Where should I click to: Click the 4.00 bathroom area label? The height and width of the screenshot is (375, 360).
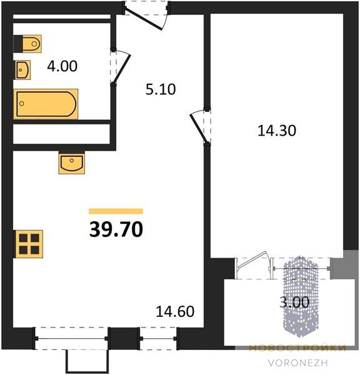click(62, 66)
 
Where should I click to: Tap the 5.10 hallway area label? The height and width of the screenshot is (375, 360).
click(161, 89)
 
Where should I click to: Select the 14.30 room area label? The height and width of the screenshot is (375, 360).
click(277, 131)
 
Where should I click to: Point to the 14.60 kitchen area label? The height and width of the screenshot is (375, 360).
click(175, 311)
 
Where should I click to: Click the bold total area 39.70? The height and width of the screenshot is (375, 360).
click(116, 229)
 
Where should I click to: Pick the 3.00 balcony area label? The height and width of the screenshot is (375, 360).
click(294, 302)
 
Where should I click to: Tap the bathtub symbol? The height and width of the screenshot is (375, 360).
click(46, 104)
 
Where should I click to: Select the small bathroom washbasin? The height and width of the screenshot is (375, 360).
click(23, 70)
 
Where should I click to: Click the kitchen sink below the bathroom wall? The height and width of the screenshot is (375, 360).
click(72, 162)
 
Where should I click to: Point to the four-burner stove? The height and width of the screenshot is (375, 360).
click(29, 244)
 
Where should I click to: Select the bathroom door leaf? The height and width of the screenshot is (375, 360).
click(122, 68)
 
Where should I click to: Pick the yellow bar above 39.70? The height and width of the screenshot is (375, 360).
click(116, 211)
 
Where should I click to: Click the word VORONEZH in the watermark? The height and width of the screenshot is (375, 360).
click(297, 363)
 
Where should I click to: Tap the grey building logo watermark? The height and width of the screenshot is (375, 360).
click(301, 296)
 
